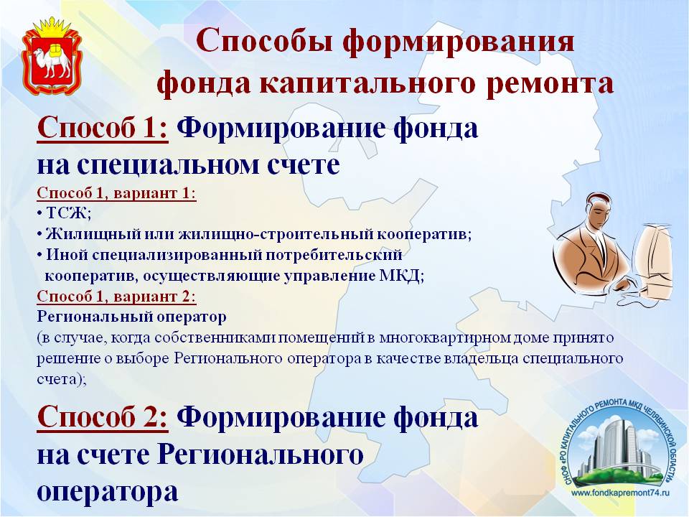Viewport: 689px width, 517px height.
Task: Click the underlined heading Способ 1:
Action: [103, 129]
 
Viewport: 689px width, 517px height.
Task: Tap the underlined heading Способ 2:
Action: [103, 416]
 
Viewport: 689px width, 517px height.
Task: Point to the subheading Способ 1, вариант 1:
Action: [116, 193]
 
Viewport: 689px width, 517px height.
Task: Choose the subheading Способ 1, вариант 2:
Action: [116, 297]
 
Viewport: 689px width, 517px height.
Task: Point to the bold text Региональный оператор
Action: [132, 317]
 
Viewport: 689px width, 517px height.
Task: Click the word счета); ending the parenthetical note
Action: [62, 379]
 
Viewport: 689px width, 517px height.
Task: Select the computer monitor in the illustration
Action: [654, 260]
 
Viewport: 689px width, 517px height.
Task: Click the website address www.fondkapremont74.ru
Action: [620, 493]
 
